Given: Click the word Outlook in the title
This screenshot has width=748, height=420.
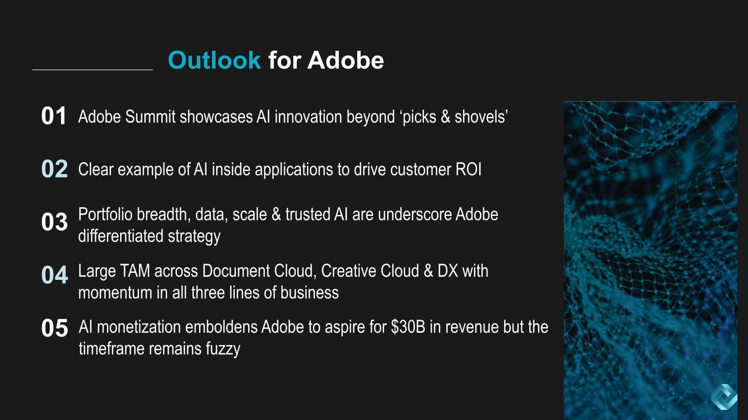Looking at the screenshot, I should click(x=214, y=60).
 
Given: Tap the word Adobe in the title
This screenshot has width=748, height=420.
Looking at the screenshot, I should click(x=346, y=60).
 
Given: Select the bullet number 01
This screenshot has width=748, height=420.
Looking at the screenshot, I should click(x=53, y=116).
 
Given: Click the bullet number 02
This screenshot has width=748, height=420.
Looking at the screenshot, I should click(x=54, y=169).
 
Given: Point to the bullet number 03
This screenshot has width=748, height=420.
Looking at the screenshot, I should click(x=54, y=222).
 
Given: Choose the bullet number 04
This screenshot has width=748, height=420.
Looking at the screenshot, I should click(x=54, y=275).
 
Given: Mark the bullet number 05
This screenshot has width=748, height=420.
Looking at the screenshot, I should click(x=54, y=328).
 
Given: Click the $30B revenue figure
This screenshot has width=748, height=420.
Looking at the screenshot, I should click(x=408, y=327).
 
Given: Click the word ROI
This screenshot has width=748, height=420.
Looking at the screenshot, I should click(x=468, y=169).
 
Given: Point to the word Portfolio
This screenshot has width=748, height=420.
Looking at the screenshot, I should click(x=105, y=215).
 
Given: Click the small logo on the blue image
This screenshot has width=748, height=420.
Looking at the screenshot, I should click(x=724, y=397).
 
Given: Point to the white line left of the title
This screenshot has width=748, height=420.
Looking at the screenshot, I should click(x=93, y=70).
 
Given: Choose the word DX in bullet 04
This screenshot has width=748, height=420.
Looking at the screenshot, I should click(x=448, y=271).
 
